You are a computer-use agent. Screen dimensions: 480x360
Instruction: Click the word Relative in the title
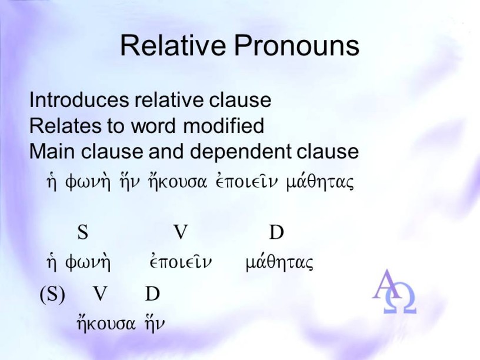(173, 45)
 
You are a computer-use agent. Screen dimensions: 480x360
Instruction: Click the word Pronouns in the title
(296, 45)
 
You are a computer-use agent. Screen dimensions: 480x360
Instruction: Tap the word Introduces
(79, 100)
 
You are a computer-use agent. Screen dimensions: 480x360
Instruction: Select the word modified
(224, 125)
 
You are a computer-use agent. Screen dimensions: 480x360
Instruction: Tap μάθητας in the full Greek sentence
(320, 181)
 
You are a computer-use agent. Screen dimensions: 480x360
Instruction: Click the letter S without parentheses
(83, 232)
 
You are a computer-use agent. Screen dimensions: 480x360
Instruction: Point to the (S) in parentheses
(52, 294)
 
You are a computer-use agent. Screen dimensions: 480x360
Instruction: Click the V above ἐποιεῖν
(181, 232)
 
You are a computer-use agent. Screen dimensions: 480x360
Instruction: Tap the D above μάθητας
(276, 232)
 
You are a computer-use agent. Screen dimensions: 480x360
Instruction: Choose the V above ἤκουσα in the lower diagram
(101, 294)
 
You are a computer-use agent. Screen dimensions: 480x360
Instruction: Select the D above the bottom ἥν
(152, 294)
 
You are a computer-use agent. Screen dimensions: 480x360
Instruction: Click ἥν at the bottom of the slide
(155, 323)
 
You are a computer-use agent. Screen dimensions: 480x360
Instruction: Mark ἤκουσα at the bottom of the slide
(106, 323)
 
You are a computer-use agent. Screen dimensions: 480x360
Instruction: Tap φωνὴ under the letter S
(88, 262)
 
